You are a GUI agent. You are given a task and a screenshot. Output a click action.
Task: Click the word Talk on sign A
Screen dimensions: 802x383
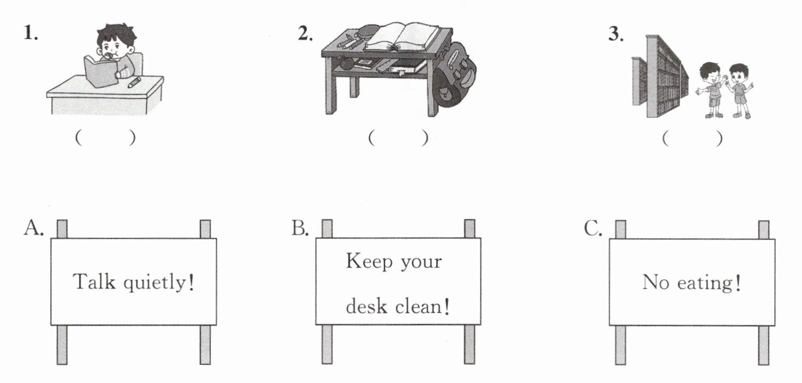[94, 282]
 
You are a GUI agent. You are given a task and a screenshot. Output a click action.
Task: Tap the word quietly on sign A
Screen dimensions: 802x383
[159, 283]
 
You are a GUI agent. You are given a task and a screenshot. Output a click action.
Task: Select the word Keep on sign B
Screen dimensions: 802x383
[369, 261]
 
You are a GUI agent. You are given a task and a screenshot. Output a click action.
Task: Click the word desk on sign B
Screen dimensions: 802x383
[366, 306]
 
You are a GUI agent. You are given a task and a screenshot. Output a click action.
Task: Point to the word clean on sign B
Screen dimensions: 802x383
[422, 306]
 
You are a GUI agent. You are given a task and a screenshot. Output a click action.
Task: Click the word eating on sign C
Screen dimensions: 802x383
[709, 284]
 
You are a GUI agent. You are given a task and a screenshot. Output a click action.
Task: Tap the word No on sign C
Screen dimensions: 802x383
[655, 282]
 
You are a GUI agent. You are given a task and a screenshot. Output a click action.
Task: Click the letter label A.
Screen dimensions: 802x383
[34, 228]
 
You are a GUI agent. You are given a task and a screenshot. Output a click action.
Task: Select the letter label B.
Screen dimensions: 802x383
[300, 228]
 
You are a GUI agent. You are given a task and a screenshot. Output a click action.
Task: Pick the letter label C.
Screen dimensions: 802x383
[593, 228]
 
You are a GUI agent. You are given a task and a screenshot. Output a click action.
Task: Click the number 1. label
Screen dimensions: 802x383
[31, 33]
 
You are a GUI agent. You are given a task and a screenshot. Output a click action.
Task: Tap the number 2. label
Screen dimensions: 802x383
[305, 33]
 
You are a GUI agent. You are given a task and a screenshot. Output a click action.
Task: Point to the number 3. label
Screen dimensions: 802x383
[616, 34]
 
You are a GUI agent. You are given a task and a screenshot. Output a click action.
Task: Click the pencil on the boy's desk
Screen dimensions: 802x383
[134, 82]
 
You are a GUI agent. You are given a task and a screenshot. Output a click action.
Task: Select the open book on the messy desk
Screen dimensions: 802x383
[402, 37]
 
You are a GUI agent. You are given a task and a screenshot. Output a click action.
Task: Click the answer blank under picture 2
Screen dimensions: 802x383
[398, 138]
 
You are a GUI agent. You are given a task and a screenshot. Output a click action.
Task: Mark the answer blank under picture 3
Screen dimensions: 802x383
[692, 139]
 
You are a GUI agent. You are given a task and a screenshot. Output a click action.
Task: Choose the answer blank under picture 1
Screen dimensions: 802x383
[105, 137]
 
